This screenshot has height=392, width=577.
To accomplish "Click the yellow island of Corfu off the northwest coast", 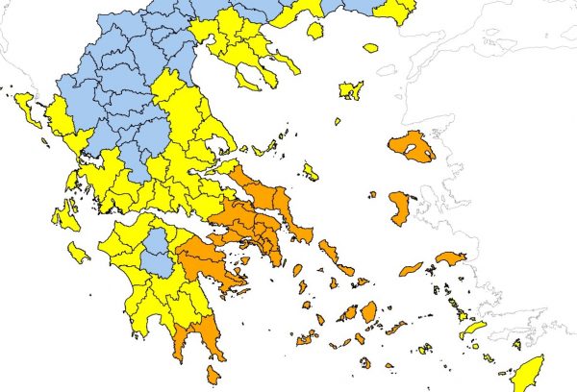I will point(28,107).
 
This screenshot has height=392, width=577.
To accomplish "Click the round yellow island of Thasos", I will point(314,31).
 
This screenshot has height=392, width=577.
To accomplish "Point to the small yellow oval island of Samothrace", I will point(370,47).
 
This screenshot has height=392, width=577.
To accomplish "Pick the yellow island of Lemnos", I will point(351,90).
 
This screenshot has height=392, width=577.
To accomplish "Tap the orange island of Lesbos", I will point(412,147).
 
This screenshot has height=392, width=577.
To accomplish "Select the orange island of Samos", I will point(449,257).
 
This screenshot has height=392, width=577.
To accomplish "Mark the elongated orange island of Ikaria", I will point(411,269).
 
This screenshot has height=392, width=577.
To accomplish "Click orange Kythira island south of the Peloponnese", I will point(213,376).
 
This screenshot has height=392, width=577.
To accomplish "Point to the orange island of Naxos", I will point(368,312).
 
